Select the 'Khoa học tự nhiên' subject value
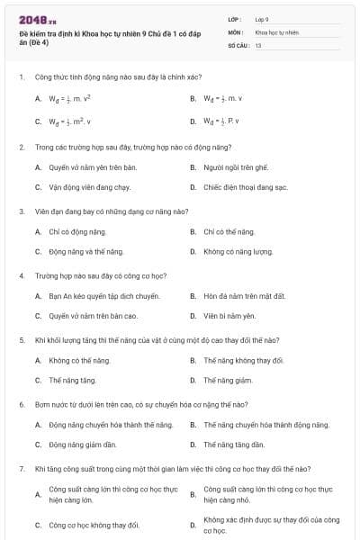click(274, 31)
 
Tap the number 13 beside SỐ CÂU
click(258, 44)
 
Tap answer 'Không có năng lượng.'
click(236, 251)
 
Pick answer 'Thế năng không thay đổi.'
click(243, 360)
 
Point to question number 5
click(22, 340)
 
